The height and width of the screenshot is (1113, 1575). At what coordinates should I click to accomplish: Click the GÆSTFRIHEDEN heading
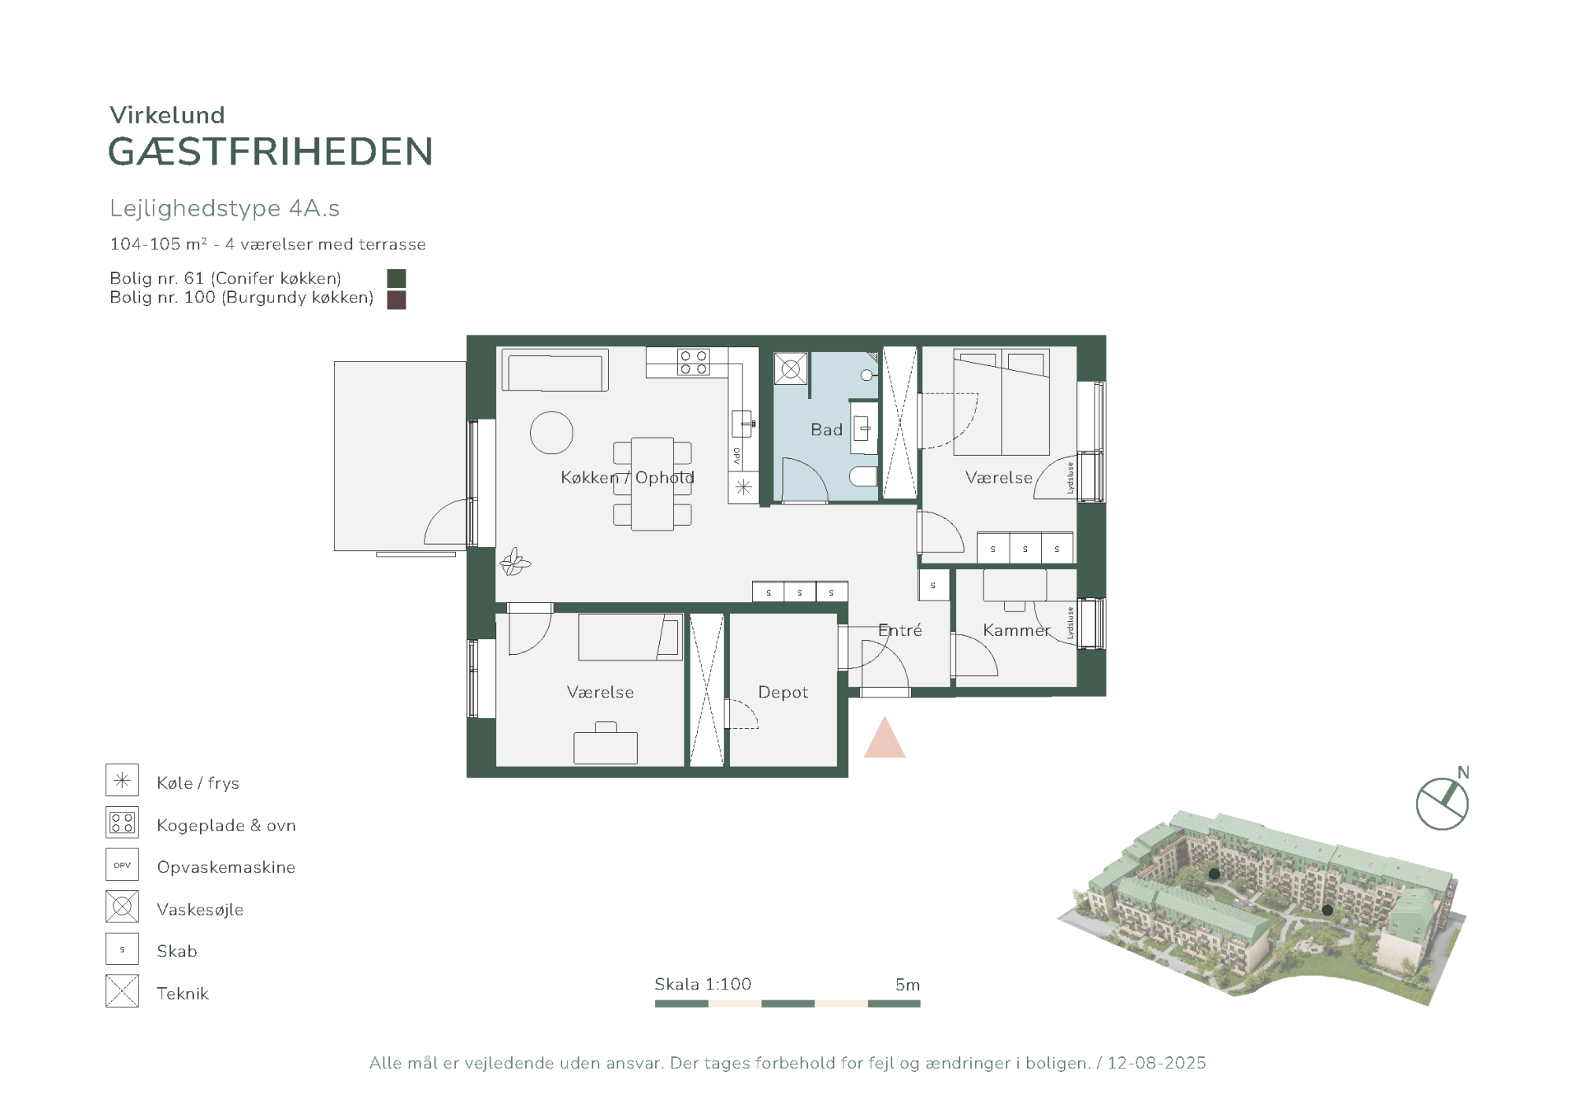(270, 151)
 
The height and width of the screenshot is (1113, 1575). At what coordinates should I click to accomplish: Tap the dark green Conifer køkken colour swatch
(397, 279)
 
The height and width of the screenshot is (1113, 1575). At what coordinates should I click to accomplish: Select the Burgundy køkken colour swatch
(397, 300)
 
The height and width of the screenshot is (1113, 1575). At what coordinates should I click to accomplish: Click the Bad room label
(826, 430)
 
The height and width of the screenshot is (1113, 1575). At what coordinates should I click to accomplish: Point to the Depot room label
(783, 692)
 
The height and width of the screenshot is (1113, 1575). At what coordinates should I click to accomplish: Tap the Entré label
(900, 630)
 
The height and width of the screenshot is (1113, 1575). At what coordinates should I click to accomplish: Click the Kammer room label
(1017, 630)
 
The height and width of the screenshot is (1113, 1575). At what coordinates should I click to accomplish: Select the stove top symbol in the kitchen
(693, 362)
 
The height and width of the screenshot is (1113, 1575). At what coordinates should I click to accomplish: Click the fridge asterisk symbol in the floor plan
(743, 487)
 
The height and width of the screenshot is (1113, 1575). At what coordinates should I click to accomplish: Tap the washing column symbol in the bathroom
(791, 368)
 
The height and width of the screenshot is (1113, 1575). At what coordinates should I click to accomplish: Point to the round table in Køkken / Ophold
(551, 433)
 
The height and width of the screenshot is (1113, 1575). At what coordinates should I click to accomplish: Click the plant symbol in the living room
(515, 562)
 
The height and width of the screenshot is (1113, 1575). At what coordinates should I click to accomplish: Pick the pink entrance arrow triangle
(884, 738)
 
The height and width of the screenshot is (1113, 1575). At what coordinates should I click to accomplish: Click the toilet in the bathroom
(863, 476)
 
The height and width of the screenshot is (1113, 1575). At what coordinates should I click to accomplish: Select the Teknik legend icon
(122, 991)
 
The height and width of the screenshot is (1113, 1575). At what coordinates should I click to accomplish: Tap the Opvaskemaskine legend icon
(122, 864)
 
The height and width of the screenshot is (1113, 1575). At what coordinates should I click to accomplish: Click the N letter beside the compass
(1463, 772)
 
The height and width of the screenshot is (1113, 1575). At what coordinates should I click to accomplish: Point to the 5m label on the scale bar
(907, 985)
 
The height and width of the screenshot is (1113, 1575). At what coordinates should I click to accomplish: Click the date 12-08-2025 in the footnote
(1156, 1063)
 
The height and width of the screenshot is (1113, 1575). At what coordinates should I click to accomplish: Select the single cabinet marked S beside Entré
(933, 585)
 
